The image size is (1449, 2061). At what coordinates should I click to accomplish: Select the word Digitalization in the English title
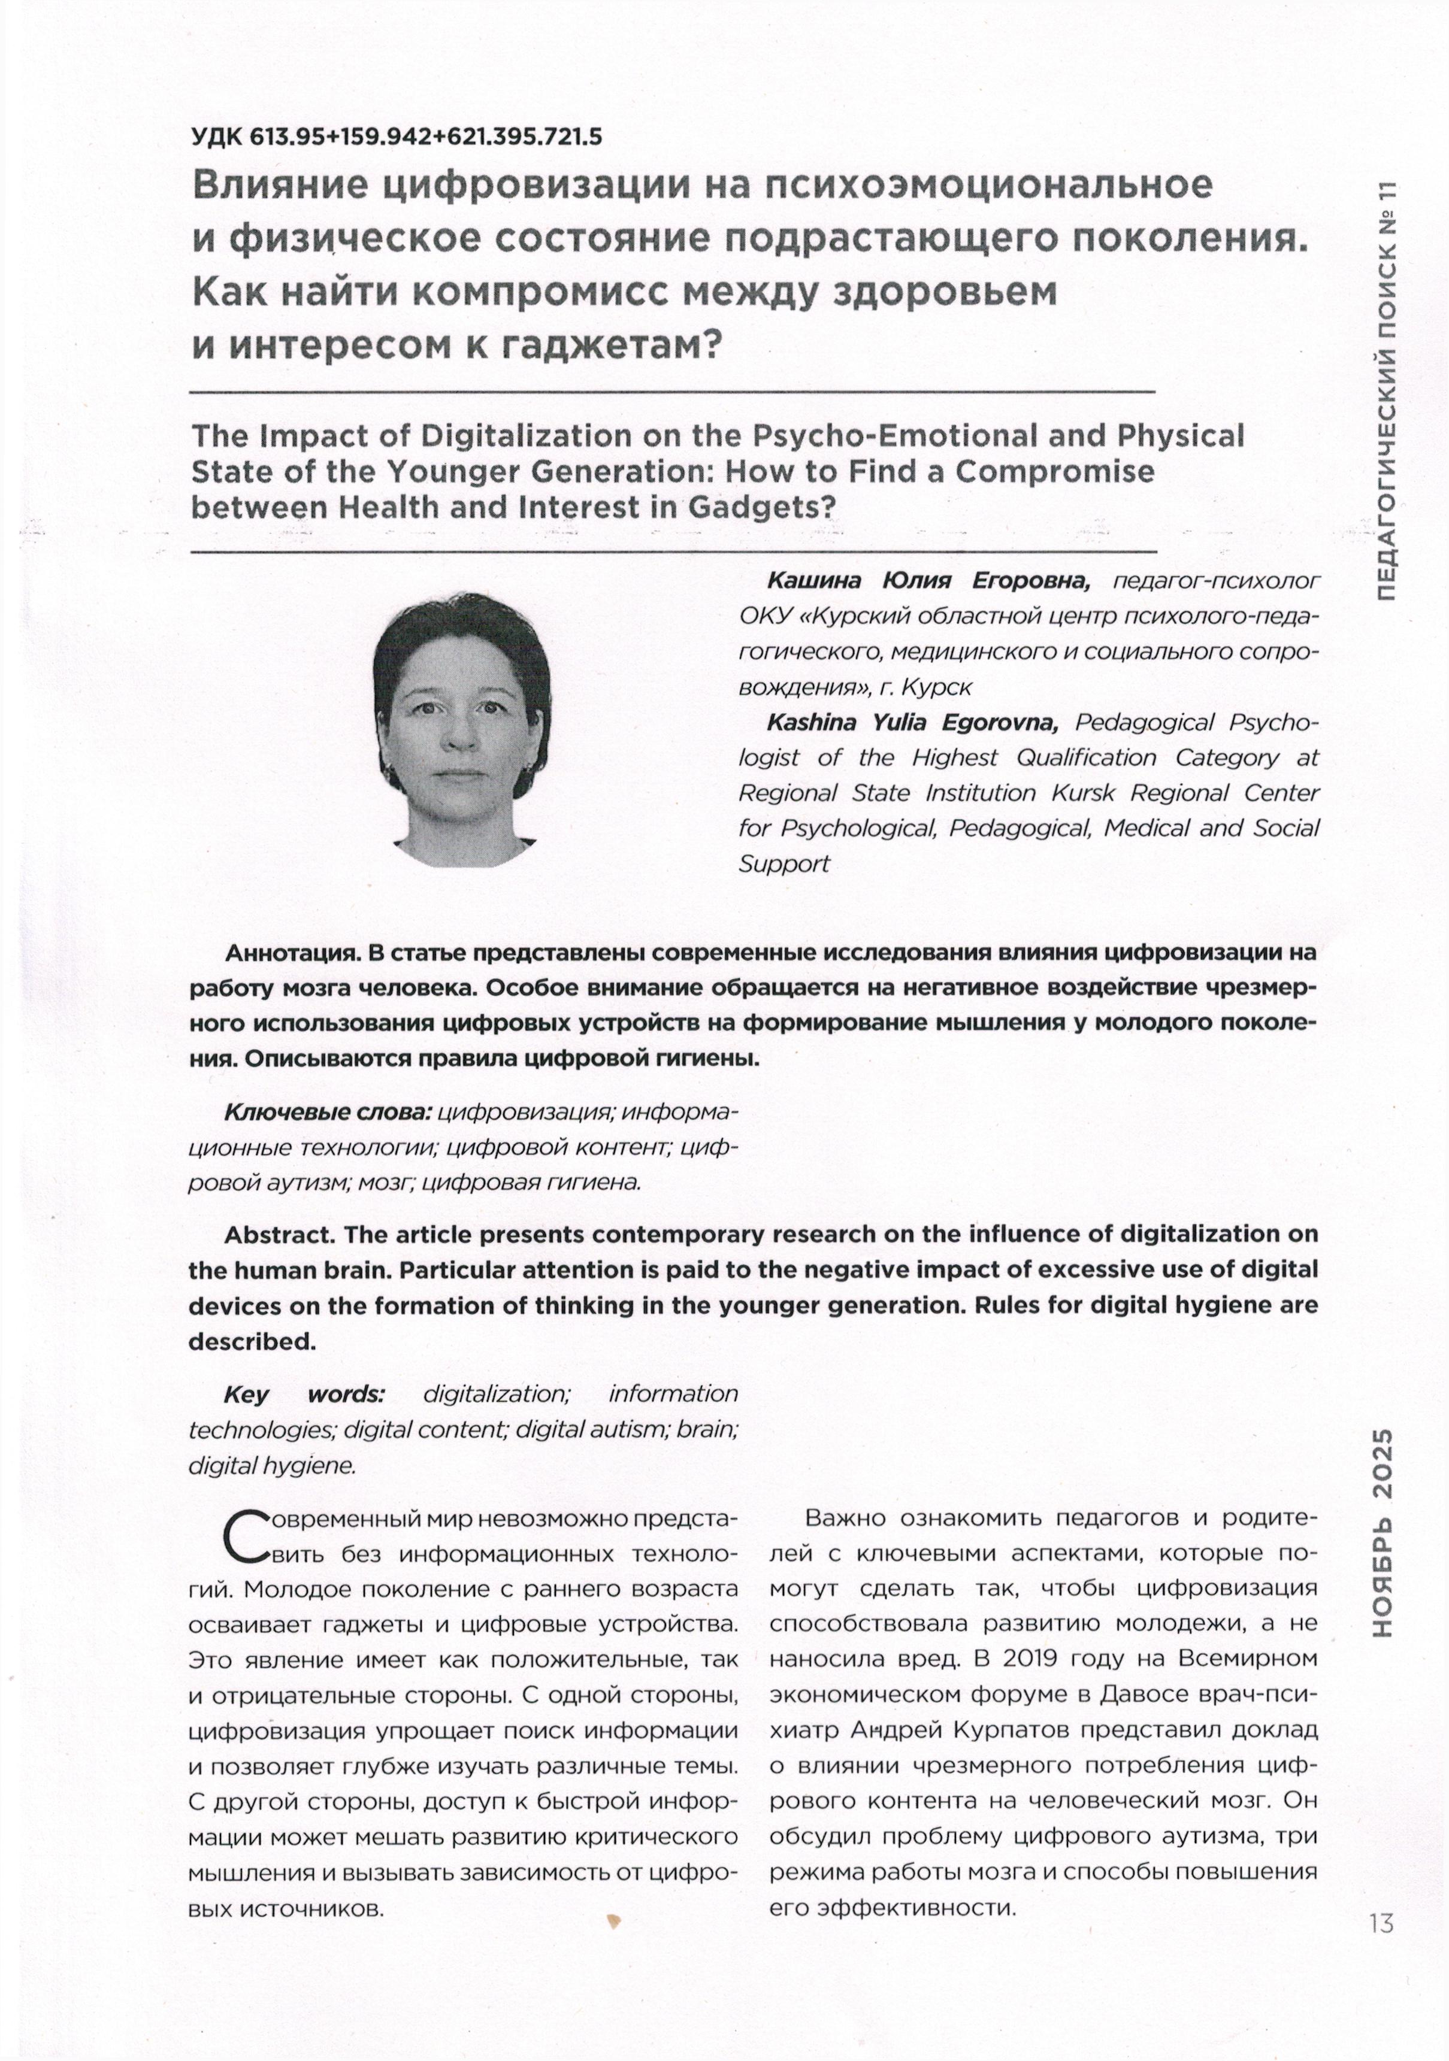pos(529,437)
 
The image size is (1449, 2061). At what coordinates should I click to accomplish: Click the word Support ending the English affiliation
pos(784,863)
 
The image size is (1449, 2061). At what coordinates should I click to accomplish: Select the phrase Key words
pos(304,1394)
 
